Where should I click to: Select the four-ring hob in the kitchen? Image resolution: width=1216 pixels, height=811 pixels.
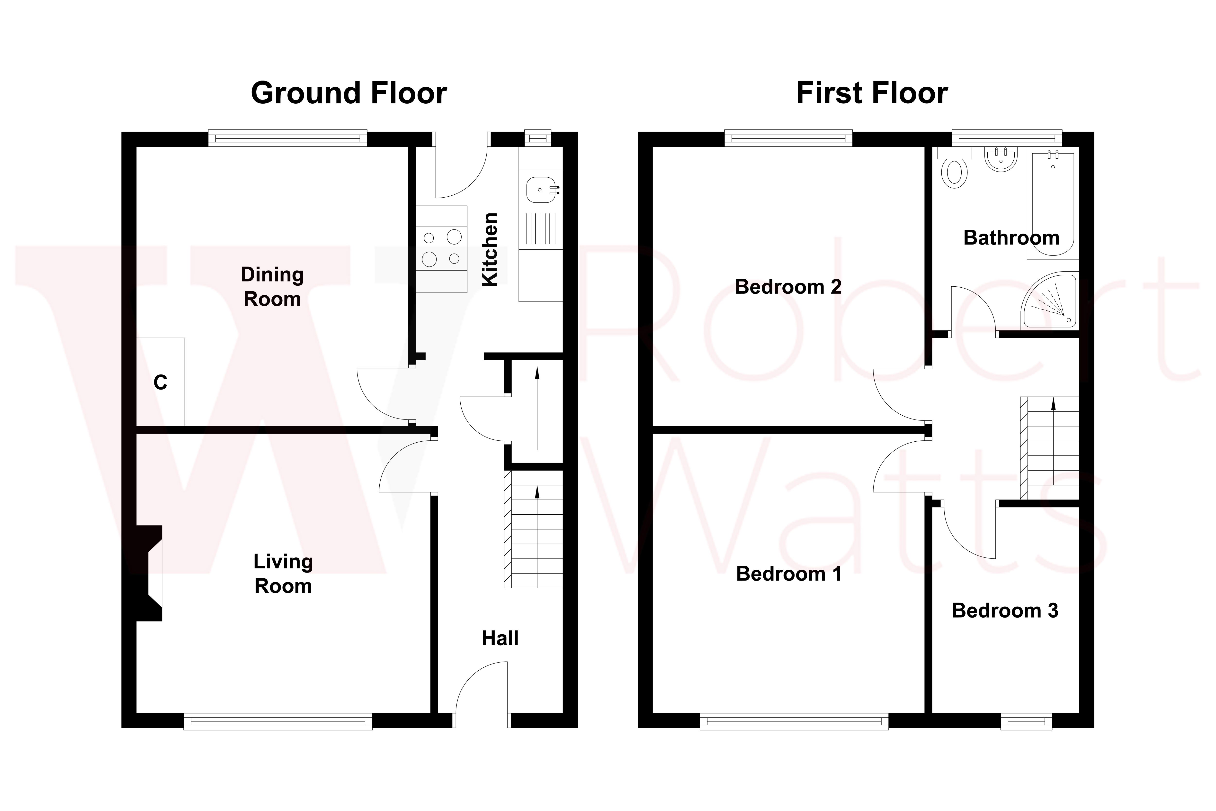click(441, 248)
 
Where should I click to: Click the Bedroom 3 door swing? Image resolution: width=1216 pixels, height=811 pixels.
click(967, 530)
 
